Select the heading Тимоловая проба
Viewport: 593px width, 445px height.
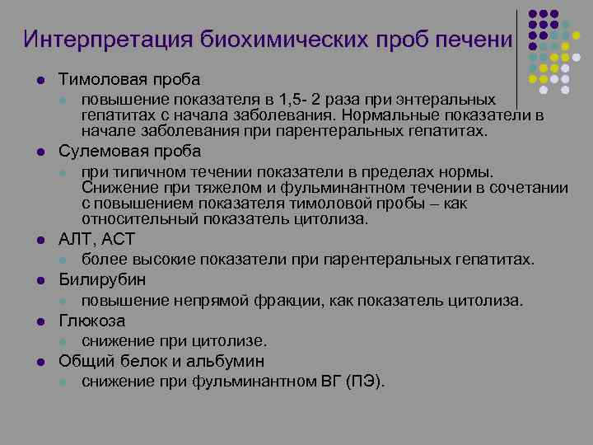point(129,79)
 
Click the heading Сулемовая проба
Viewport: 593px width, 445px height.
point(129,152)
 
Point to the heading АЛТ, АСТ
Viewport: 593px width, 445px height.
point(96,240)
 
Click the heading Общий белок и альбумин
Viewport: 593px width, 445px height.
point(161,361)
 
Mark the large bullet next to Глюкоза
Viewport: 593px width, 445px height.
point(40,321)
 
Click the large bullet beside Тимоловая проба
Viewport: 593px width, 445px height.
point(40,80)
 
